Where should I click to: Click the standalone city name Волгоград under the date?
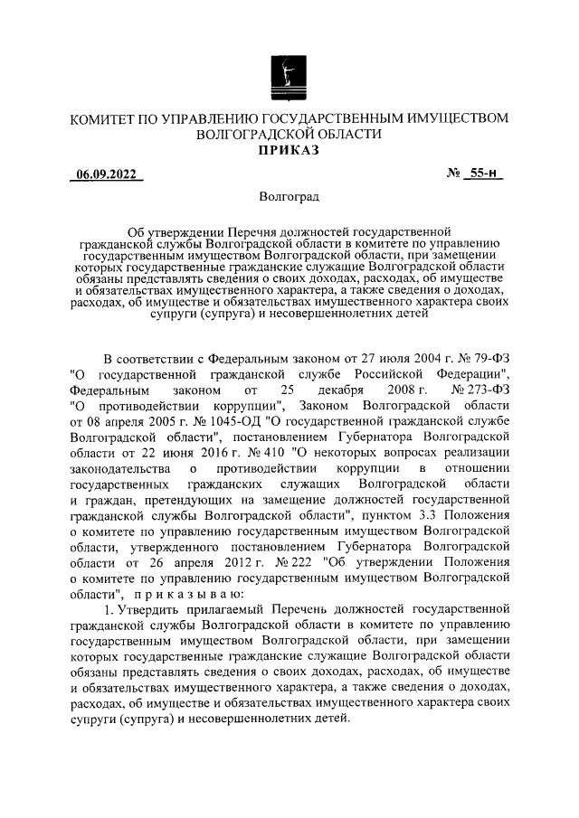pos(289,196)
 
